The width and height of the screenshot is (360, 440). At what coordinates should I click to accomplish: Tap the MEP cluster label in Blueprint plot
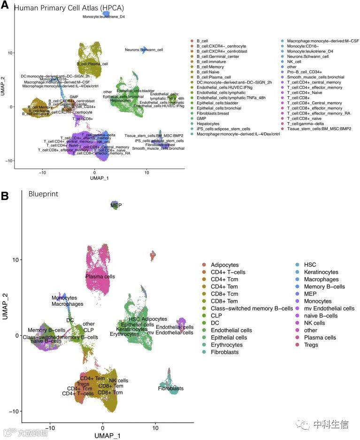pyautogui.click(x=116, y=205)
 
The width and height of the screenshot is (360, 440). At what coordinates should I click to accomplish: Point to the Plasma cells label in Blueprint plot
pyautogui.click(x=100, y=277)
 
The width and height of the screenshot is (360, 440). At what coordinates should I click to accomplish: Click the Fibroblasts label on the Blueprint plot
pyautogui.click(x=171, y=388)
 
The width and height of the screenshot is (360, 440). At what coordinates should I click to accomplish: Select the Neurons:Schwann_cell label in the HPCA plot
pyautogui.click(x=144, y=49)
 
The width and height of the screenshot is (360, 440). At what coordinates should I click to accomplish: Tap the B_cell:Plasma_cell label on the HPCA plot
pyautogui.click(x=92, y=63)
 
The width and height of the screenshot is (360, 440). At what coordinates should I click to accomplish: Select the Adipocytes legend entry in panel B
pyautogui.click(x=224, y=265)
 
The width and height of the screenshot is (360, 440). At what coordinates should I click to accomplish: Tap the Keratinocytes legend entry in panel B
pyautogui.click(x=321, y=272)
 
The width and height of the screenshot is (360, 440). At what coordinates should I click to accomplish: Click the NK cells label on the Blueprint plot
pyautogui.click(x=119, y=380)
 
